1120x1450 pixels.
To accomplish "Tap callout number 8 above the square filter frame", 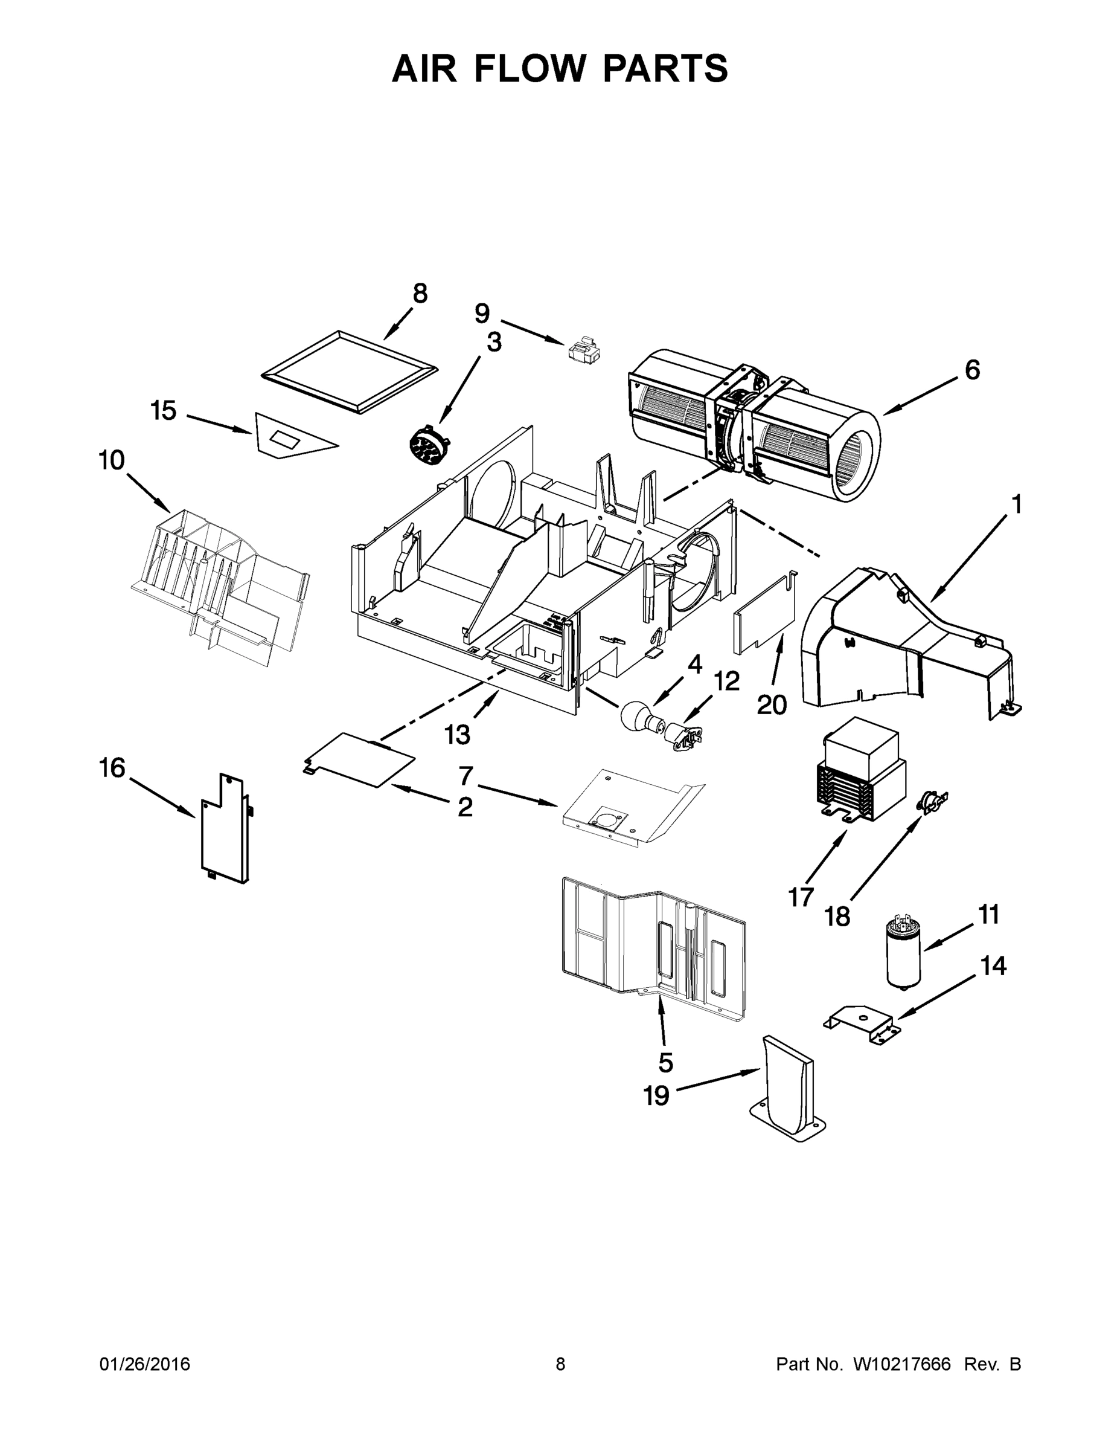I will (x=420, y=293).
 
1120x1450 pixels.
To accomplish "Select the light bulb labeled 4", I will (x=635, y=717).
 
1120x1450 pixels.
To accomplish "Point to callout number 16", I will (x=112, y=767).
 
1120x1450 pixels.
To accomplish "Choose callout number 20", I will (x=772, y=704).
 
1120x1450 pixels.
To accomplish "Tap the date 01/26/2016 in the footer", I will (x=145, y=1364).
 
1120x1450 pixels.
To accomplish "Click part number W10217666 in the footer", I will (x=901, y=1364).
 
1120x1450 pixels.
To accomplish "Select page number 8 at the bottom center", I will (x=560, y=1364).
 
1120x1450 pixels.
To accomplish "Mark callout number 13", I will (x=457, y=733).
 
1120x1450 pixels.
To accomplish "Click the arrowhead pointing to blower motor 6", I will (x=886, y=413).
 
